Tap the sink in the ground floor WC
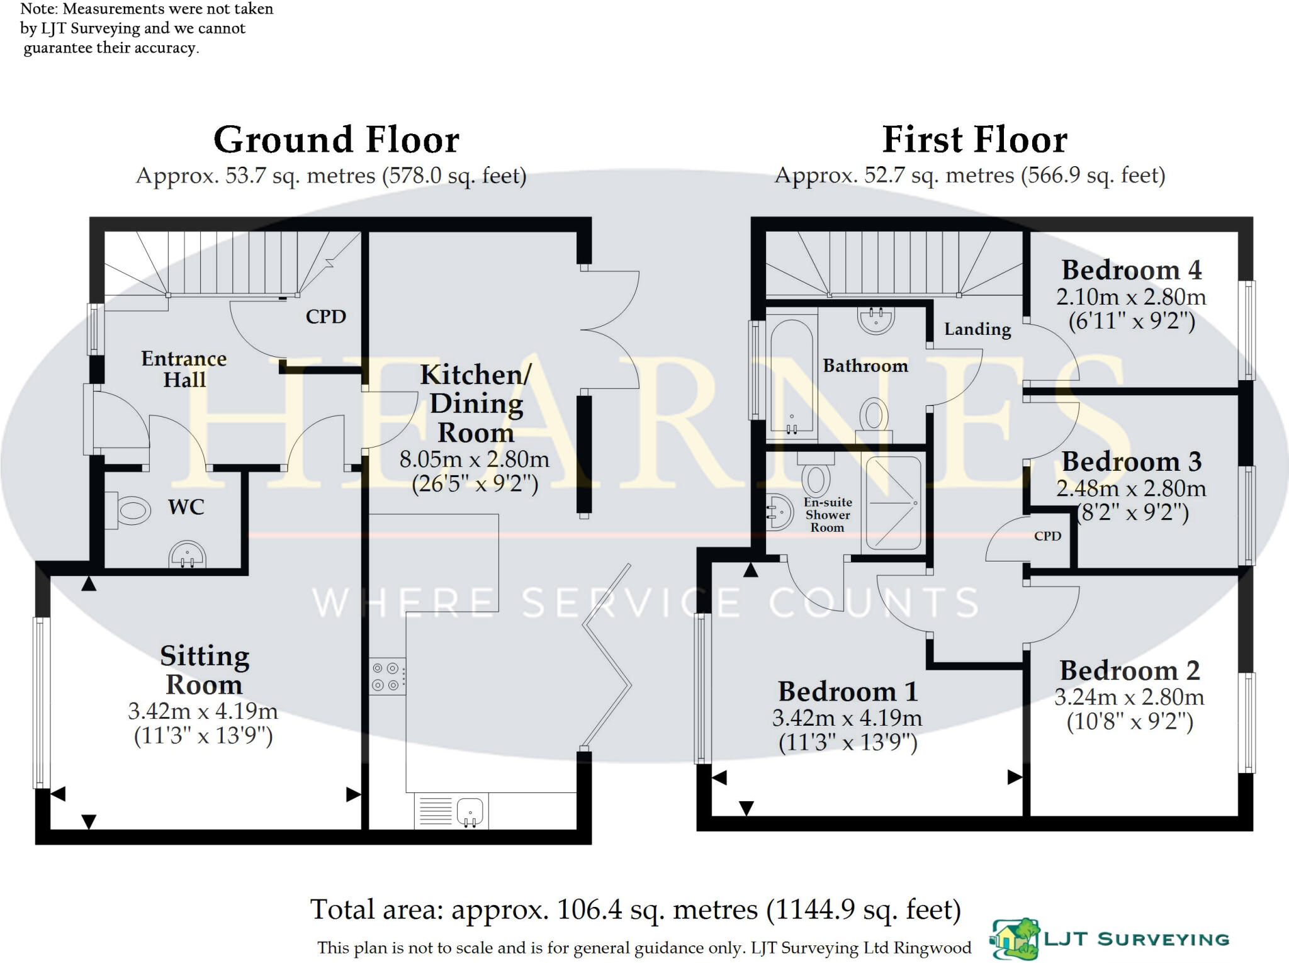pyautogui.click(x=187, y=555)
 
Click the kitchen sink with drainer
pyautogui.click(x=451, y=811)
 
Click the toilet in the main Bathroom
pyautogui.click(x=874, y=415)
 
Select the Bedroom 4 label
pyautogui.click(x=1132, y=270)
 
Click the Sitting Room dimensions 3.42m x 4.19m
pyautogui.click(x=203, y=711)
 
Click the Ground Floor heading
pyautogui.click(x=337, y=139)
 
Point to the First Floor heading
pyautogui.click(x=975, y=139)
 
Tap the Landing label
pyautogui.click(x=977, y=329)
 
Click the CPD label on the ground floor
pyautogui.click(x=326, y=316)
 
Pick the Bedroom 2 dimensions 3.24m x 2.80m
pyautogui.click(x=1130, y=697)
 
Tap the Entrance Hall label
pyautogui.click(x=184, y=369)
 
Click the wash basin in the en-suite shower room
pyautogui.click(x=779, y=512)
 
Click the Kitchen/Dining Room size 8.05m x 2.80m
pyautogui.click(x=475, y=459)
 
